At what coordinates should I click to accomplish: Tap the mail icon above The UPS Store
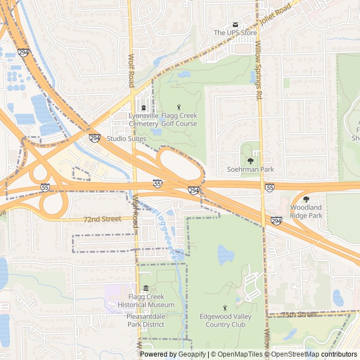[x=236, y=24]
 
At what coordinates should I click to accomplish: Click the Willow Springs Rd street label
[x=259, y=70]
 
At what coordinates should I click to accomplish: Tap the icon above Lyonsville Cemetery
[x=143, y=108]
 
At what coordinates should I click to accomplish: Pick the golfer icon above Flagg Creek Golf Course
[x=179, y=107]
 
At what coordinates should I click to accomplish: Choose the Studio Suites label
[x=126, y=138]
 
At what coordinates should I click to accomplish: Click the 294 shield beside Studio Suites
[x=94, y=138]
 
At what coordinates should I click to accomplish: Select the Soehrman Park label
[x=250, y=169]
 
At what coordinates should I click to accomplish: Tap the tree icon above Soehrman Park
[x=250, y=161]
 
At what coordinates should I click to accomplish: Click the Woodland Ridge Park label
[x=306, y=211]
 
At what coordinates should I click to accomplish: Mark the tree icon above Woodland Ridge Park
[x=306, y=199]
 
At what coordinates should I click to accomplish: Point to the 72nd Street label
[x=102, y=219]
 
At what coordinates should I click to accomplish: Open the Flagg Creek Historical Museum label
[x=146, y=301]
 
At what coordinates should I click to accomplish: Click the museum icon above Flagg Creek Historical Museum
[x=146, y=289]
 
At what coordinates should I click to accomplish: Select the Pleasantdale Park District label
[x=146, y=320]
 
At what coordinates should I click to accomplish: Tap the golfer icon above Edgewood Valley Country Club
[x=226, y=308]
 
